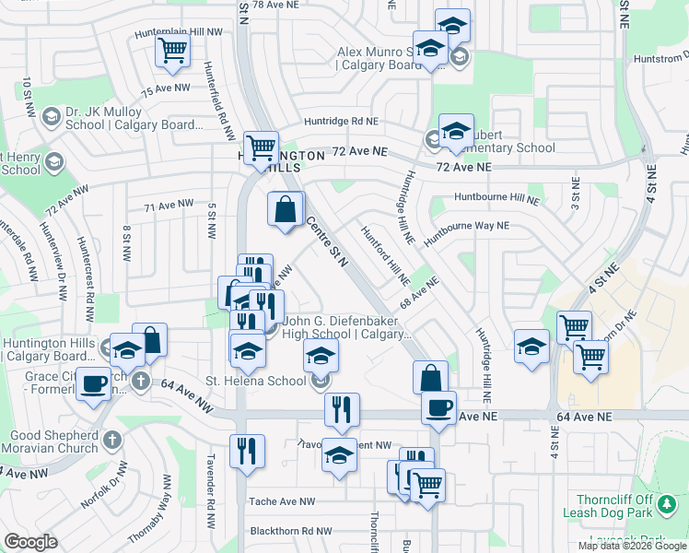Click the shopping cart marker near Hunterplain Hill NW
click(x=172, y=52)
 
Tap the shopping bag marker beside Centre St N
click(x=286, y=208)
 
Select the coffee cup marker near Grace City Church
click(x=93, y=382)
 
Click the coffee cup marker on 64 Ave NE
click(x=439, y=406)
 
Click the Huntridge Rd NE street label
click(x=341, y=122)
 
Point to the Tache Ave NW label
click(x=282, y=502)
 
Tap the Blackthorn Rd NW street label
click(x=291, y=532)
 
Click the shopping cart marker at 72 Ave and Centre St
click(x=261, y=146)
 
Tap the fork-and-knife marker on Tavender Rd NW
click(x=247, y=451)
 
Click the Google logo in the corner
click(x=30, y=541)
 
